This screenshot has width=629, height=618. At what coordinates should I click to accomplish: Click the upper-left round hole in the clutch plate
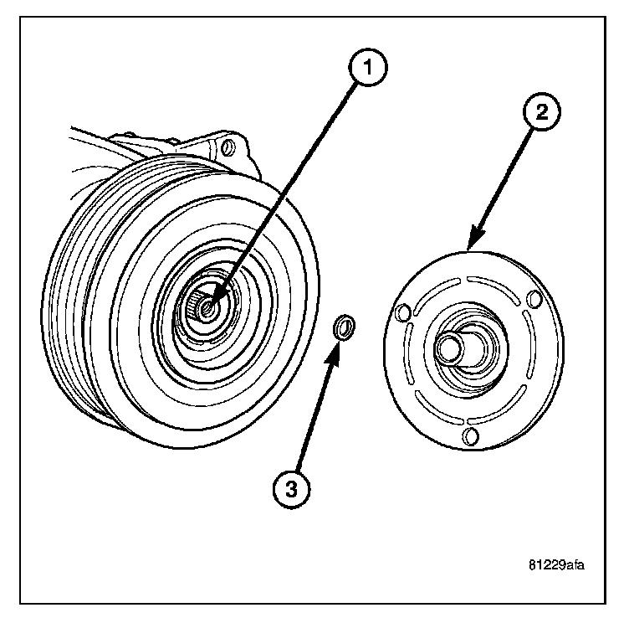[403, 313]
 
